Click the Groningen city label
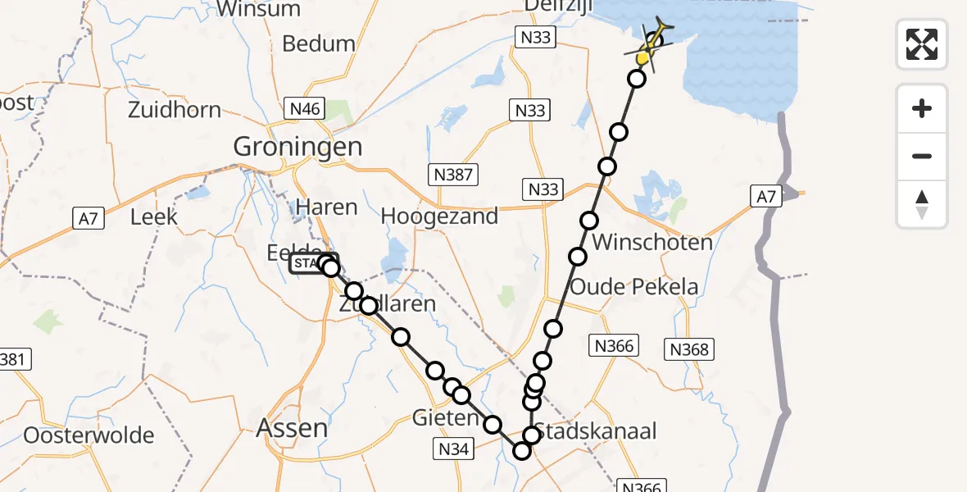pos(297,147)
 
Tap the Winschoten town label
pos(651,243)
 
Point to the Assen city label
pos(293,427)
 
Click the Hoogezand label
pos(439,216)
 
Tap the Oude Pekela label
pos(633,287)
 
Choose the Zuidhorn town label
pos(175,110)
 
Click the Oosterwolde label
pos(89,435)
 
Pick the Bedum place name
pos(319,43)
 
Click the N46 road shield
pos(304,107)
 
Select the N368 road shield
pos(688,349)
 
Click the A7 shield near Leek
pos(89,218)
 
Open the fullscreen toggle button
pos(922,44)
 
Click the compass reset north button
pos(922,204)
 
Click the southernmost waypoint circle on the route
pos(522,450)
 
